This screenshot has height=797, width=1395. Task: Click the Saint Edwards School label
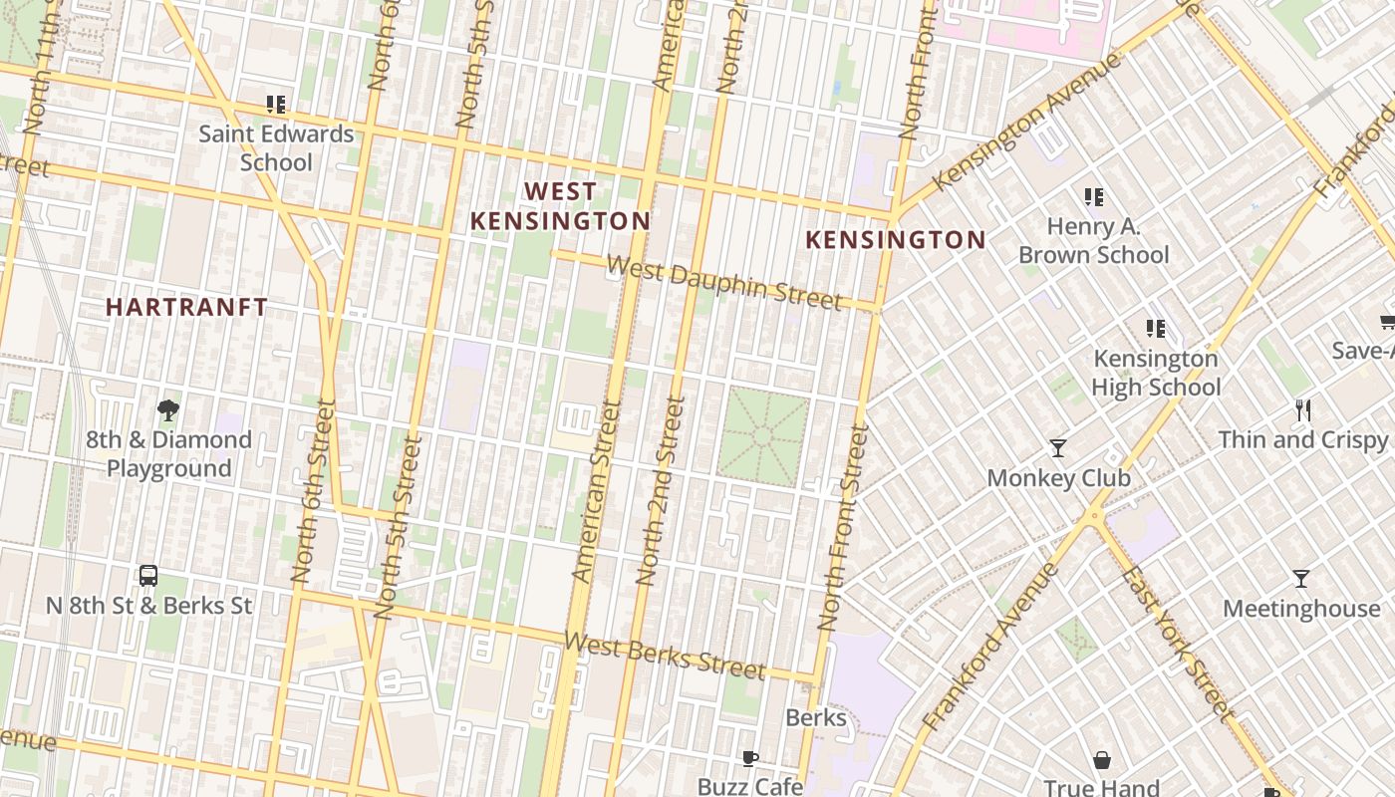276,147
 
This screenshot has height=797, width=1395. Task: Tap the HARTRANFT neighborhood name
186,307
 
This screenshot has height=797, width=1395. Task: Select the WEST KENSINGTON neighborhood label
560,206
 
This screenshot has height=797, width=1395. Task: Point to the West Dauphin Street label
724,283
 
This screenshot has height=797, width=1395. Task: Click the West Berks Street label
665,656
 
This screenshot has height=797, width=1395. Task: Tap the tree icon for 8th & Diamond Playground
168,409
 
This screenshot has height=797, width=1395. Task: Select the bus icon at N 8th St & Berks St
148,575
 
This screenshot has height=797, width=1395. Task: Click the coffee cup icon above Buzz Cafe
750,759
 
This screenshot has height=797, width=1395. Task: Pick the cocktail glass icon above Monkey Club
1058,448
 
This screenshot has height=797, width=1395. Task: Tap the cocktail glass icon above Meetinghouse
1300,579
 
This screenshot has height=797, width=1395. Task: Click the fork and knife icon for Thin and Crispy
1302,409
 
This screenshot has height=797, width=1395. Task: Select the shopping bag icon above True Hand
1102,760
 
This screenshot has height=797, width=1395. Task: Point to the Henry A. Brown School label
1093,241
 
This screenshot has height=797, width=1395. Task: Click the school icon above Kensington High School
1156,328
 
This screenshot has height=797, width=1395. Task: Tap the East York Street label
1177,643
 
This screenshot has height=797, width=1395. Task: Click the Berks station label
816,717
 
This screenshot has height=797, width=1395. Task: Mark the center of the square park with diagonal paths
763,437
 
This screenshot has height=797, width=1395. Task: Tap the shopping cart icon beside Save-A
1386,322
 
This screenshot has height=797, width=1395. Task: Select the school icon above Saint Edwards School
276,104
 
